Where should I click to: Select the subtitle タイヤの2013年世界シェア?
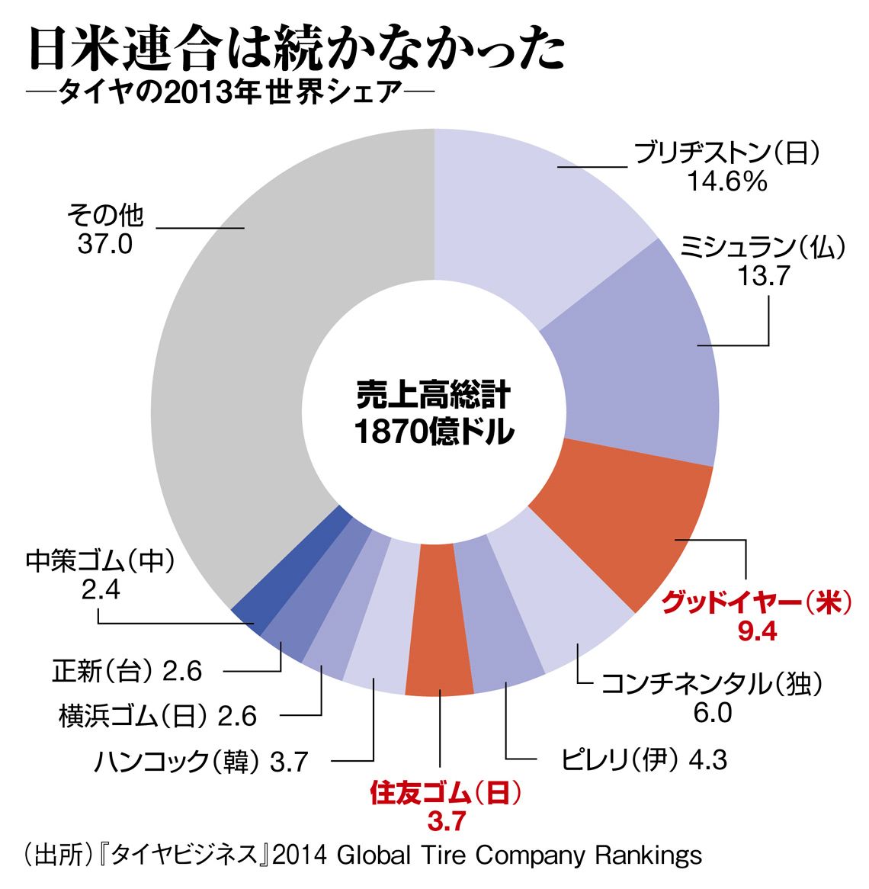(229, 94)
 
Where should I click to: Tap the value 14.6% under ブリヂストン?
(726, 182)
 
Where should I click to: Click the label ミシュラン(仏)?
(762, 247)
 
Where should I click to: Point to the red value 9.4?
(756, 631)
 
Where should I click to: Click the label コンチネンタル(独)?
(712, 684)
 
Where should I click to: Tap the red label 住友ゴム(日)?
(446, 793)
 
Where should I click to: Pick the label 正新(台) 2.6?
(127, 671)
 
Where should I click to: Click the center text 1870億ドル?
(434, 433)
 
